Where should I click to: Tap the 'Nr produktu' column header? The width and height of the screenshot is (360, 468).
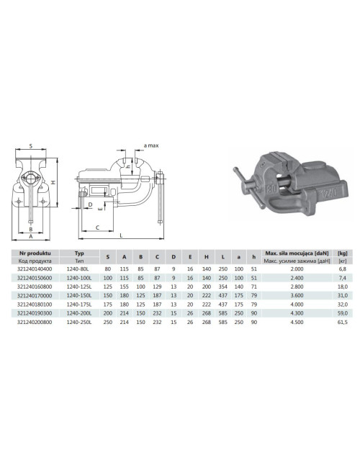tap(34, 254)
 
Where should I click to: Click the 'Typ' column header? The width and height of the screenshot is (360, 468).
tap(80, 254)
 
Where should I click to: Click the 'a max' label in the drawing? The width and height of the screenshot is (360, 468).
tap(151, 145)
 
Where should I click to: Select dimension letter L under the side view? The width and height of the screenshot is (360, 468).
tap(120, 235)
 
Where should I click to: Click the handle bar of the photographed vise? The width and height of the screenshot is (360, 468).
tap(248, 183)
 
